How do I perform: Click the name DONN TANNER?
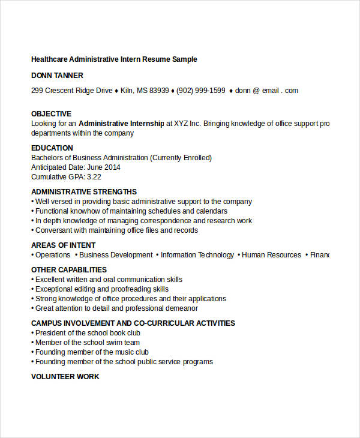point(57,76)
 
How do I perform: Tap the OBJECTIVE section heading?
point(51,114)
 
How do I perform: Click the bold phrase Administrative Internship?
point(121,124)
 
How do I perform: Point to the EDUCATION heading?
point(52,148)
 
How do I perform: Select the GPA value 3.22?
point(94,177)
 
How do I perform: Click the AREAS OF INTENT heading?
point(63,245)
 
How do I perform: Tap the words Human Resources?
point(271,255)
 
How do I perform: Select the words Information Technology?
point(197,255)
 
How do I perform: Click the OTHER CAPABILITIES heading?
point(69,270)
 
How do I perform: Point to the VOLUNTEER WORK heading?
point(65,377)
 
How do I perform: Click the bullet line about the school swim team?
point(88,343)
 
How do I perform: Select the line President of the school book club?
point(88,333)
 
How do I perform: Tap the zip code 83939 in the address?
point(159,91)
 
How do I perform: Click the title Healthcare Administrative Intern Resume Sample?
point(114,59)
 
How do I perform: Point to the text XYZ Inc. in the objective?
point(187,124)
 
